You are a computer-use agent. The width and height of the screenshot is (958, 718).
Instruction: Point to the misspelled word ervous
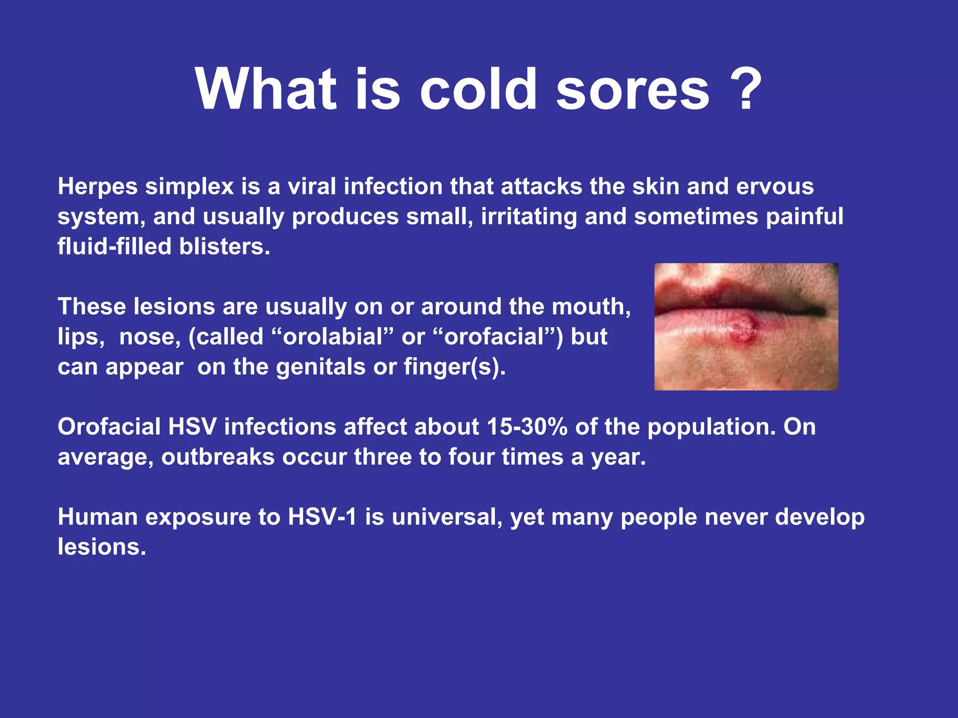coord(775,187)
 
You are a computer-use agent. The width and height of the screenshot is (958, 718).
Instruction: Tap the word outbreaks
coord(218,457)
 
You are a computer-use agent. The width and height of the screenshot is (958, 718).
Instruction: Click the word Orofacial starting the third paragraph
coord(109,427)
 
